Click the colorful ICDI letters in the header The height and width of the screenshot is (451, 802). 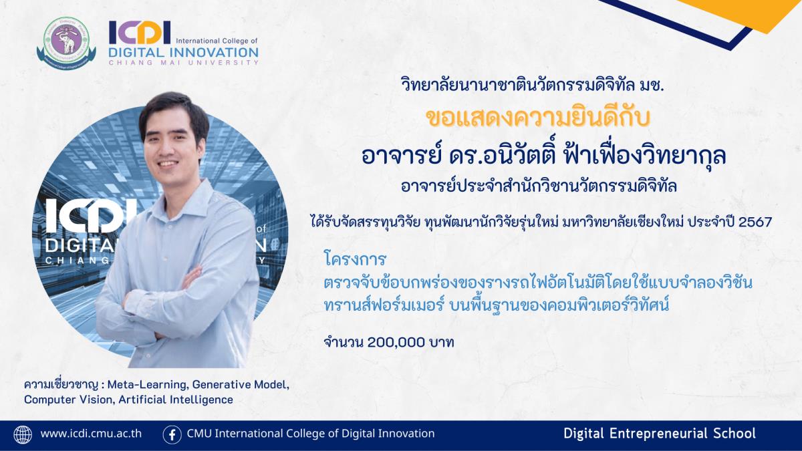[140, 32]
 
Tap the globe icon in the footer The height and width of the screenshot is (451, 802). [23, 435]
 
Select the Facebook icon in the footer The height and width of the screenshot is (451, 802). [172, 435]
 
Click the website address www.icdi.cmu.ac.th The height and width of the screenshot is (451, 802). [91, 434]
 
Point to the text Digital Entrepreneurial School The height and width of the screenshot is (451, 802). [660, 434]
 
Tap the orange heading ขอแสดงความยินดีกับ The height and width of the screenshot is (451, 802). [537, 118]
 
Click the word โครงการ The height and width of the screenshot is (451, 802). [355, 259]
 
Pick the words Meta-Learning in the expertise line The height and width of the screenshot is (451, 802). [147, 385]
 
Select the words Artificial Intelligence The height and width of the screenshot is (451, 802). [176, 400]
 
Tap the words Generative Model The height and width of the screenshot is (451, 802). [240, 385]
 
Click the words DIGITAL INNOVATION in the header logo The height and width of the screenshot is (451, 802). [183, 53]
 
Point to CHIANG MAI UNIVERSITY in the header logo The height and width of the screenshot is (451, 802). [183, 63]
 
